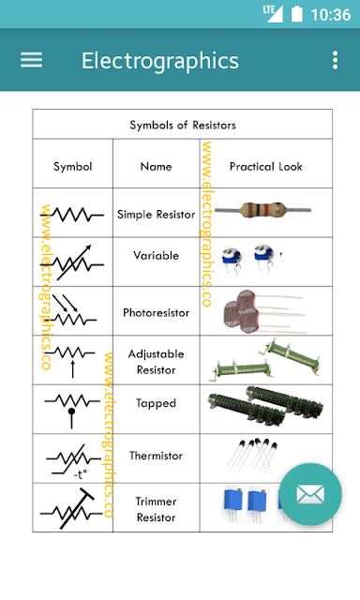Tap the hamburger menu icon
click(x=31, y=60)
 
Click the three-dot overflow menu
click(x=335, y=60)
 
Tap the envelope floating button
click(x=310, y=494)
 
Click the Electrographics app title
click(x=160, y=61)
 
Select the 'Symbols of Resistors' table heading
click(x=183, y=125)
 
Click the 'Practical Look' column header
click(x=266, y=167)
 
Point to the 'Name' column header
click(x=156, y=167)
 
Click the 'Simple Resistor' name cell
click(x=156, y=215)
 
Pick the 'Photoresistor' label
click(x=156, y=312)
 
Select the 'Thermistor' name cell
click(x=156, y=456)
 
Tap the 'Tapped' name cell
click(x=156, y=403)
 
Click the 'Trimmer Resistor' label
click(x=156, y=509)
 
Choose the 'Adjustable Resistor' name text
click(x=156, y=362)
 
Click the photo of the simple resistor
click(x=262, y=210)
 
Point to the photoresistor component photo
click(x=264, y=311)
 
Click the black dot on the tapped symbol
click(x=71, y=412)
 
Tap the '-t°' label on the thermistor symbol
click(x=81, y=475)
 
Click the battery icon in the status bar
click(x=297, y=14)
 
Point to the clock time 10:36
click(x=331, y=15)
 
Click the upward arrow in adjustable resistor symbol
click(x=73, y=368)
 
